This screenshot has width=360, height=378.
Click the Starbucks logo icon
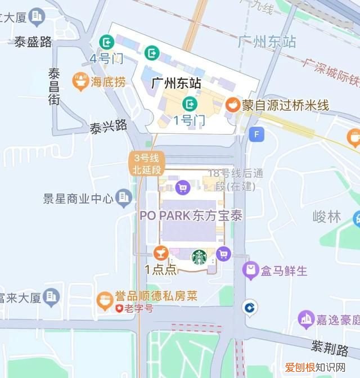199,257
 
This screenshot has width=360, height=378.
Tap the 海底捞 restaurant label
109,82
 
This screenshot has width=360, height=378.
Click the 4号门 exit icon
106,42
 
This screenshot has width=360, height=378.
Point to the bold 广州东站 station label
176,83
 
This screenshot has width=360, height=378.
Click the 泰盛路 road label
33,42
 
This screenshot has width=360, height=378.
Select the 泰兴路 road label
108,126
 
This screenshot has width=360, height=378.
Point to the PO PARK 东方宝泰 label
191,216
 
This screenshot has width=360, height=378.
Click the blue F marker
257,134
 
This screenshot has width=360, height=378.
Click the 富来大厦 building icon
52,296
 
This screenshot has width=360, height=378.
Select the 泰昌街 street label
54,86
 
